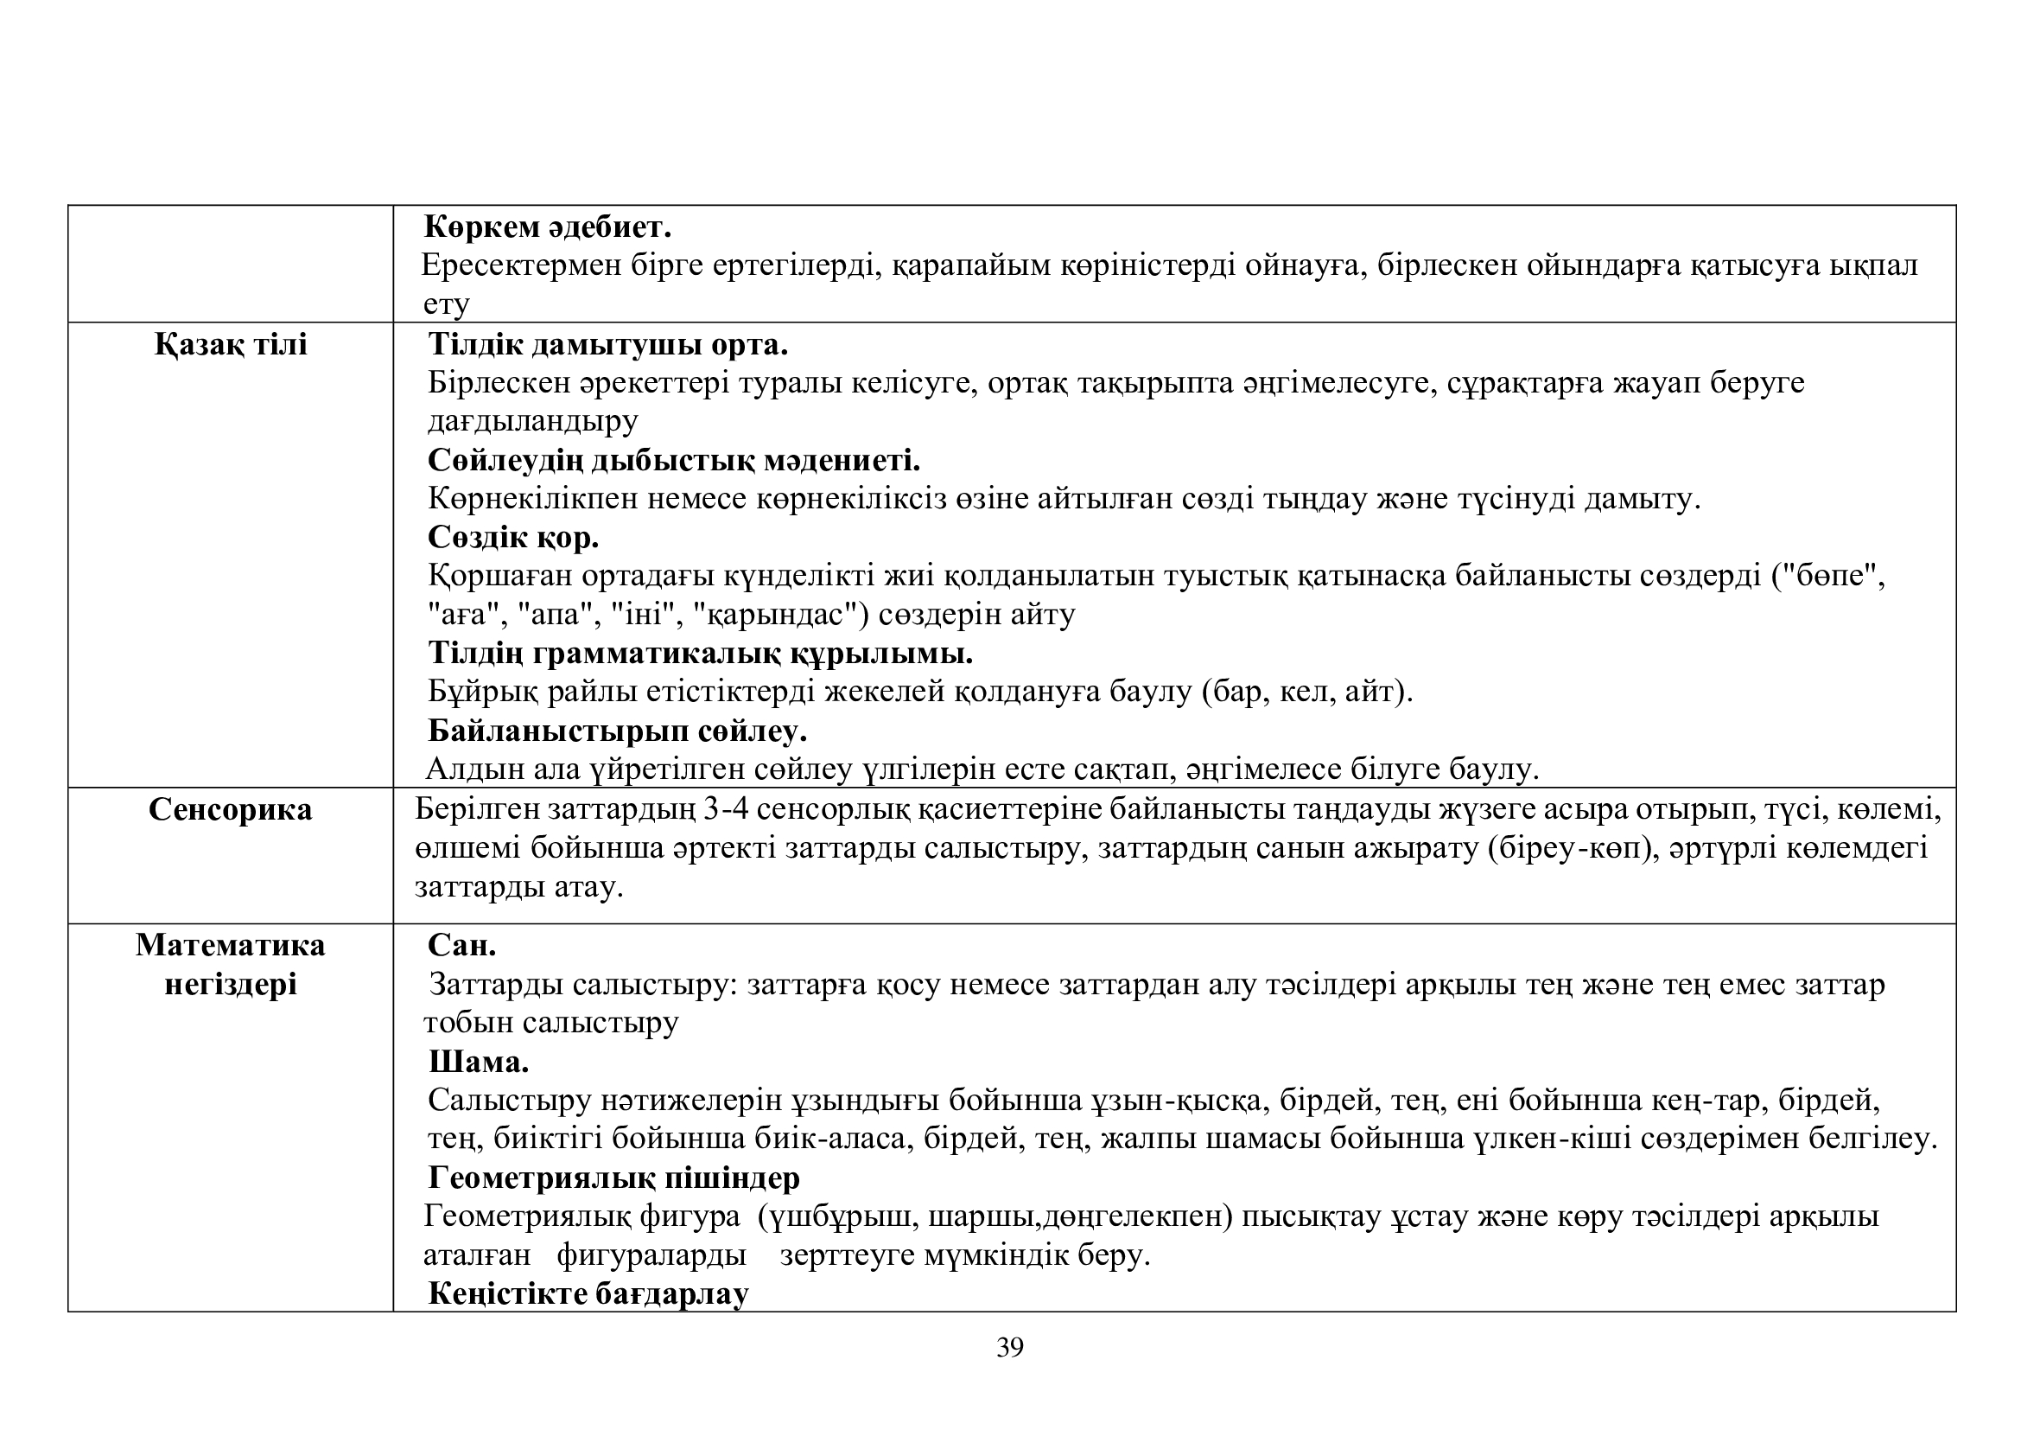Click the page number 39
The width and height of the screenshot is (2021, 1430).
(1009, 1347)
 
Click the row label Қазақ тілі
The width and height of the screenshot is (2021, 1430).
(231, 343)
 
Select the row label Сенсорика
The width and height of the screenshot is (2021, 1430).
(231, 809)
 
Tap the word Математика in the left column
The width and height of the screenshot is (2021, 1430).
(231, 945)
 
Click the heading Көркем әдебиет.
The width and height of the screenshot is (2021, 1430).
(548, 227)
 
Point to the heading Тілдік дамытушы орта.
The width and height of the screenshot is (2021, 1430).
(608, 344)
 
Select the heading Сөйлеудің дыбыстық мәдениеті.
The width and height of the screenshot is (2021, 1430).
(674, 461)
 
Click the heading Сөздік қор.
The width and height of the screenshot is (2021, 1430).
(513, 537)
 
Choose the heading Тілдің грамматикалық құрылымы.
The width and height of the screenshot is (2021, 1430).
(701, 654)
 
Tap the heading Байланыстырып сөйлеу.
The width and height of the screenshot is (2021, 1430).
(618, 731)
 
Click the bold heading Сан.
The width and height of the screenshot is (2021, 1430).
(462, 946)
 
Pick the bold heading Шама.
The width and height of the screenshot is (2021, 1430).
(479, 1062)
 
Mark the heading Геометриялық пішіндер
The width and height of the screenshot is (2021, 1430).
(614, 1178)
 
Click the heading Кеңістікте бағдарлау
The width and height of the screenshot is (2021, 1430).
(589, 1293)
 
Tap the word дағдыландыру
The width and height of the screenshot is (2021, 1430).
(532, 421)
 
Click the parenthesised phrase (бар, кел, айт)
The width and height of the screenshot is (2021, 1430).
(1306, 693)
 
